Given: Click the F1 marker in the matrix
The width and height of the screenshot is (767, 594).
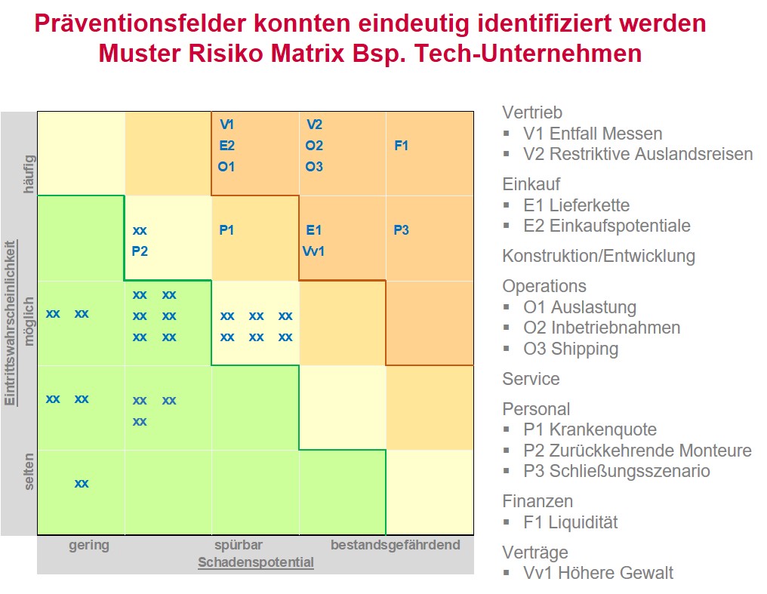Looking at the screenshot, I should [x=401, y=146].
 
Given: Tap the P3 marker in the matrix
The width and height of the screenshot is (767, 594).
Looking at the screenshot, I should [x=401, y=230].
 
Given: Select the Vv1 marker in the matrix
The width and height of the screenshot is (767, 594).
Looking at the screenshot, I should [x=314, y=251].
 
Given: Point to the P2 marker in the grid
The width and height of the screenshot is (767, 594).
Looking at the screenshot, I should [x=140, y=251].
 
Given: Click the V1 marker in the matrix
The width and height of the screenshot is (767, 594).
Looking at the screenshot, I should [x=226, y=125].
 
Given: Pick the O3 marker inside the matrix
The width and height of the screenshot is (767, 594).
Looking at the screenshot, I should [x=314, y=167].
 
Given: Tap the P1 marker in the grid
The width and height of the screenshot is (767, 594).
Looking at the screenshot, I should [x=226, y=230].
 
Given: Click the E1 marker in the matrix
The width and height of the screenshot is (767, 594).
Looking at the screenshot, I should [x=314, y=230].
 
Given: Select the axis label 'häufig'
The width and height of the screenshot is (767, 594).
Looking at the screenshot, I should [x=29, y=174].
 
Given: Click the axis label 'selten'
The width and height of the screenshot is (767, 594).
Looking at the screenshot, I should [x=29, y=471].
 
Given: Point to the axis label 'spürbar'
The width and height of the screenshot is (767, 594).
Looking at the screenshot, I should [x=238, y=545].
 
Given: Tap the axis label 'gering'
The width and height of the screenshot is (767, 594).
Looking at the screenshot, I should [x=89, y=545].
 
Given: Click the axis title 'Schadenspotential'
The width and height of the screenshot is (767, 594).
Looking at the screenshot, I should [x=256, y=562].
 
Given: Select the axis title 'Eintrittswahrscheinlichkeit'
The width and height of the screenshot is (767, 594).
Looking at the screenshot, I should [x=11, y=324].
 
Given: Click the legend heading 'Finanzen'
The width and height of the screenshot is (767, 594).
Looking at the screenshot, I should [x=538, y=501].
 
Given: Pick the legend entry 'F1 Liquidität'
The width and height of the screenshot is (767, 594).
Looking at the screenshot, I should [x=570, y=522].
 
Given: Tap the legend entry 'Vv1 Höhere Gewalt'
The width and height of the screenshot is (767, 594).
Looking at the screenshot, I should [x=598, y=573].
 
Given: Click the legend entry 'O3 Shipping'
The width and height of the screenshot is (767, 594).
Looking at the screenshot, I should [x=570, y=349].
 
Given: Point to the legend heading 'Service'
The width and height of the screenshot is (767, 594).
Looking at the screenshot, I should [x=531, y=379].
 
